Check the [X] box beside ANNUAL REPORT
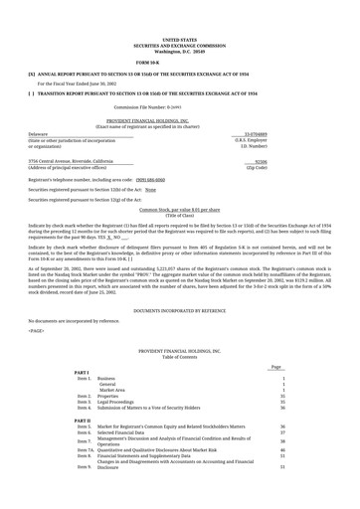click(x=33, y=75)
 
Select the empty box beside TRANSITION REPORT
click(x=33, y=92)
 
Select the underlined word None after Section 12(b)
click(x=151, y=189)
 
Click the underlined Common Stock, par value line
click(x=180, y=211)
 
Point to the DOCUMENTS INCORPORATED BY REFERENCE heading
click(x=180, y=311)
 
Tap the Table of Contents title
click(x=180, y=357)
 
